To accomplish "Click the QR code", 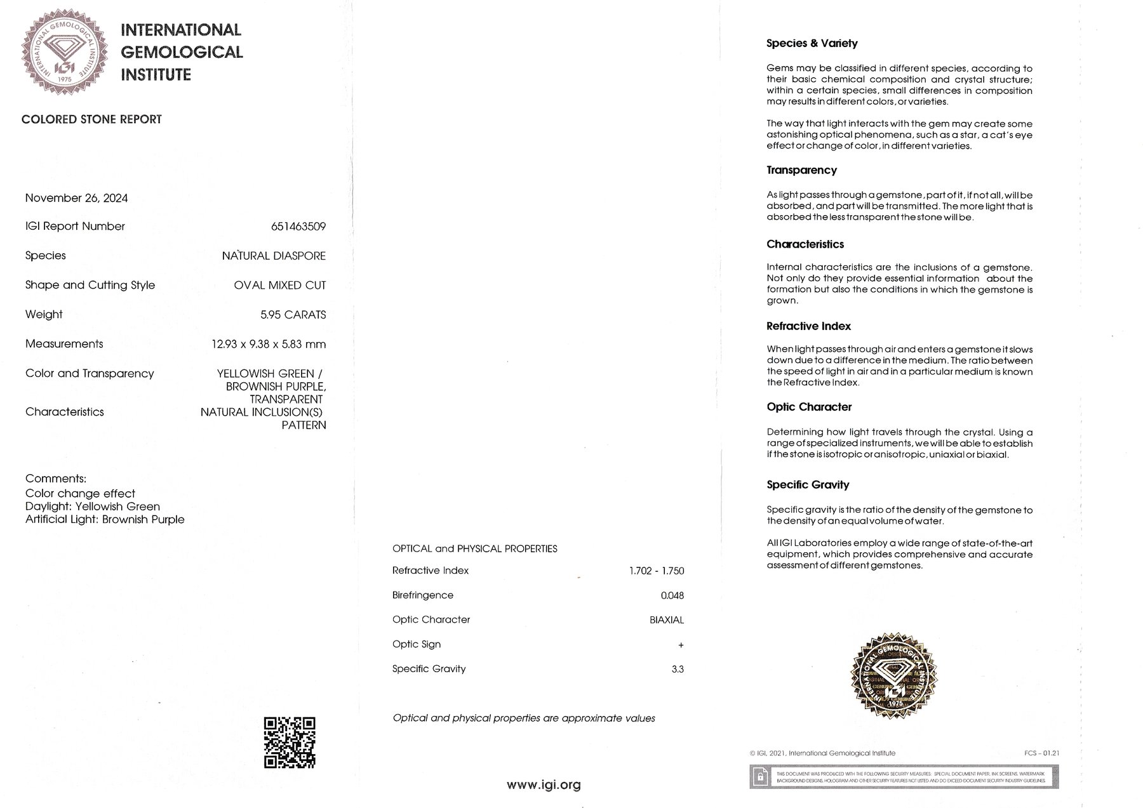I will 290,742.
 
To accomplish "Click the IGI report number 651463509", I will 298,227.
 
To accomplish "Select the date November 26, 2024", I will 76,198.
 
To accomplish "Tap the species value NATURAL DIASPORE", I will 274,256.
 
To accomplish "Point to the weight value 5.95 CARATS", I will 293,315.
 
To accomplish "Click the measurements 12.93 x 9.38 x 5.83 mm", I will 269,344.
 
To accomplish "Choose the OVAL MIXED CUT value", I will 279,285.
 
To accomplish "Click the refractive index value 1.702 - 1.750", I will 657,571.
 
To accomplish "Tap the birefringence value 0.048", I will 672,595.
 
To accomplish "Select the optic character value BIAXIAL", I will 666,619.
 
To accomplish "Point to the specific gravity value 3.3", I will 677,669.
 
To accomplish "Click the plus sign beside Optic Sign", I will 681,645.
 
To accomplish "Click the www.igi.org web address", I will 544,785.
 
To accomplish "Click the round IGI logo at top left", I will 62,52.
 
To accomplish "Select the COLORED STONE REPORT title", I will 91,119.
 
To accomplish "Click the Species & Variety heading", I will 812,43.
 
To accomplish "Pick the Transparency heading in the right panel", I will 801,170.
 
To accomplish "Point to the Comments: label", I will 56,479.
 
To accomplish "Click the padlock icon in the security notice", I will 759,776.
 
